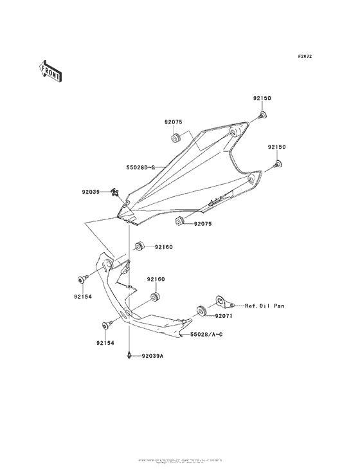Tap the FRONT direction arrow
(x=50, y=70)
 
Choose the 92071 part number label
(x=225, y=317)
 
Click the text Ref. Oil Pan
(x=264, y=306)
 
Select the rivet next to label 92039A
(x=130, y=355)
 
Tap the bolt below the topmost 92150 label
(x=262, y=115)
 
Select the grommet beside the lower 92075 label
(x=181, y=222)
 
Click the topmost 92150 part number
(x=262, y=98)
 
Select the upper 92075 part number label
(x=173, y=122)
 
